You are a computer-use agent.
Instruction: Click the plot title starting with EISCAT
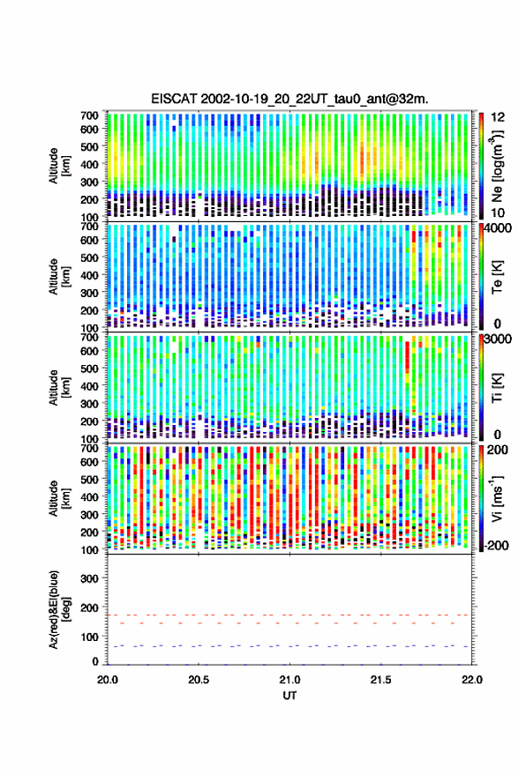289,99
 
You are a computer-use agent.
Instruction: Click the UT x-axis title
289,696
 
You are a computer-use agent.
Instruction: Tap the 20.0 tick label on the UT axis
108,680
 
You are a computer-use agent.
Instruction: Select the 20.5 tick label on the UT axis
199,680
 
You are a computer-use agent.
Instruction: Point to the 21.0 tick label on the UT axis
289,680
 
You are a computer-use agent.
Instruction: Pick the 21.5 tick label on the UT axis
380,680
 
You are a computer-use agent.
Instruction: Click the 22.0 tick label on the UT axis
471,680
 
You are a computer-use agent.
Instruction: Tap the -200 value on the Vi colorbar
497,546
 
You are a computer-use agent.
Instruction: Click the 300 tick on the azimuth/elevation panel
89,578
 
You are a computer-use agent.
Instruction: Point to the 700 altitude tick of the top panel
89,116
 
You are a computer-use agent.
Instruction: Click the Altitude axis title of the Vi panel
59,498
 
